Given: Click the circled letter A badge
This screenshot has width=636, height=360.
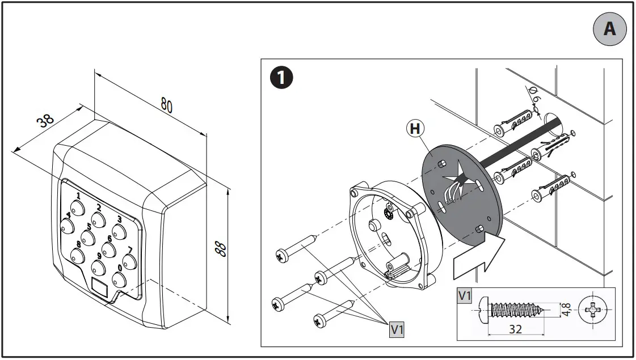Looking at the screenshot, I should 609,28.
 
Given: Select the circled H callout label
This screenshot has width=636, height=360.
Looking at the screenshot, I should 415,129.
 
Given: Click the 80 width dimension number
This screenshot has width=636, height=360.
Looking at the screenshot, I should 166,105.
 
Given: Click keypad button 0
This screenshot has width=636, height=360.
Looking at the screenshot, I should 118,278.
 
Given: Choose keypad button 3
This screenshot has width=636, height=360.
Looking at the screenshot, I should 119,230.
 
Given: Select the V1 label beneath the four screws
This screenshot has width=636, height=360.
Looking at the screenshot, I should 397,331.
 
